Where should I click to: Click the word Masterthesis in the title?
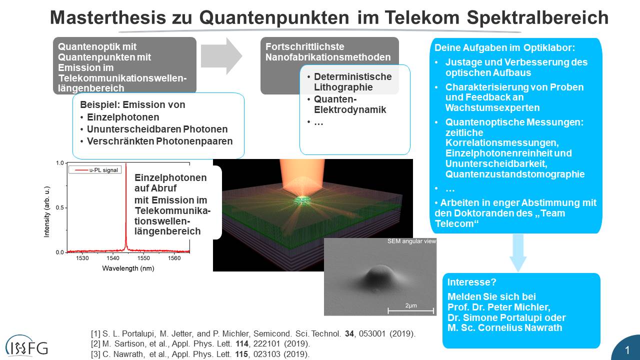[107, 17]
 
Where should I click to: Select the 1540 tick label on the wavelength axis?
[113, 258]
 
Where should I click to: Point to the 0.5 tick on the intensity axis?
[59, 207]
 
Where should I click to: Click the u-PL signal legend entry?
[95, 170]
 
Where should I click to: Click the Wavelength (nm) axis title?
[128, 268]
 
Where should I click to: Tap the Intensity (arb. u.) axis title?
[46, 211]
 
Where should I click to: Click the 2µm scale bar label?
[411, 305]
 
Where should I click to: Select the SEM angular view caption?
[411, 241]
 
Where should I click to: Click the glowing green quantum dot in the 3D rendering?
[301, 200]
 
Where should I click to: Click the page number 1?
[627, 350]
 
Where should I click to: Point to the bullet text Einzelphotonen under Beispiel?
[123, 117]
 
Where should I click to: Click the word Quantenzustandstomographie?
[515, 174]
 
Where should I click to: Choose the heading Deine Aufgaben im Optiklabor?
[505, 47]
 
